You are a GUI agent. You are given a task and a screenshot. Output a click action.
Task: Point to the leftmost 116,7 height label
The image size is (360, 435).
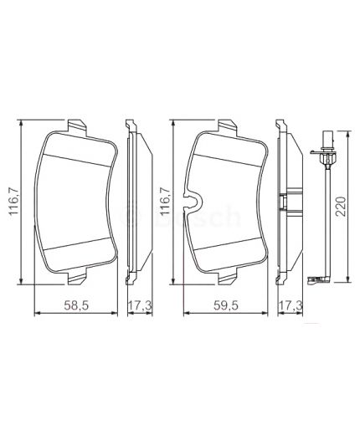point(13,201)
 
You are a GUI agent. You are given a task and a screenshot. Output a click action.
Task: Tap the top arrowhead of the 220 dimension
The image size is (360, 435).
point(334,121)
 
